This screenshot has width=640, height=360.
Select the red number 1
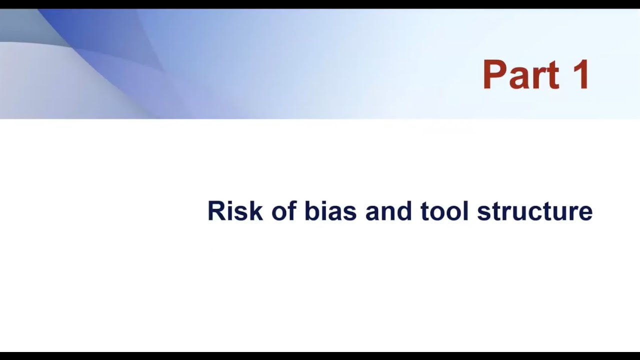coord(581,75)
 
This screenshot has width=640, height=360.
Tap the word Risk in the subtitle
coord(235,211)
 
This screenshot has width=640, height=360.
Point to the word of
coord(284,211)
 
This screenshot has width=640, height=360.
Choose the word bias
coord(330,211)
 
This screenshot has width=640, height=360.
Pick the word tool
coord(444,211)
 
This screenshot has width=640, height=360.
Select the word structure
coord(534,211)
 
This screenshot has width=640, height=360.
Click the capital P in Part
coord(494,75)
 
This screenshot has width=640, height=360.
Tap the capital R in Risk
coord(216,211)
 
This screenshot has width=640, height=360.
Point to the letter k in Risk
coord(256,211)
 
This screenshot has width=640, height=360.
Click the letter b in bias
coord(311,211)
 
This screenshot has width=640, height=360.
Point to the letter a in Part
coord(520,79)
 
